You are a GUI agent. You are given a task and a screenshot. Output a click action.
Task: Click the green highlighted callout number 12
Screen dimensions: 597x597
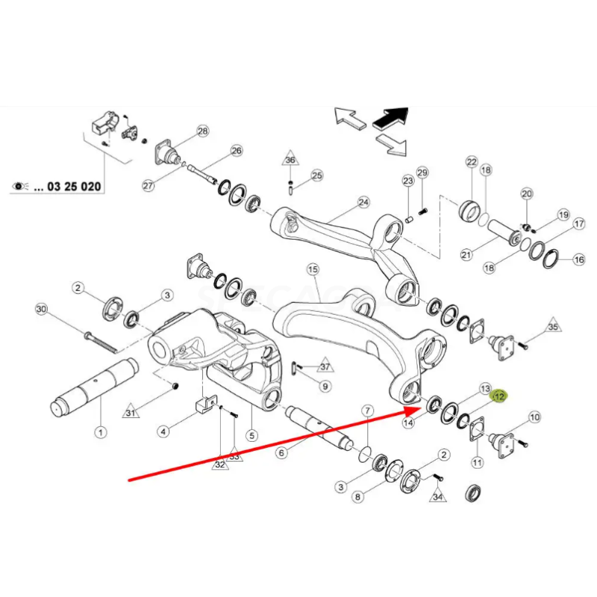tap(498, 397)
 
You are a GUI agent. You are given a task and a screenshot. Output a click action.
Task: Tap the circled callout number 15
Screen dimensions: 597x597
tap(312, 269)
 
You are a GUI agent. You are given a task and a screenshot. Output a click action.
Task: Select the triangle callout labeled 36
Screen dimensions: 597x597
tap(290, 160)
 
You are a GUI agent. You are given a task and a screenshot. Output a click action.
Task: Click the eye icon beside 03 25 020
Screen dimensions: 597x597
tap(20, 186)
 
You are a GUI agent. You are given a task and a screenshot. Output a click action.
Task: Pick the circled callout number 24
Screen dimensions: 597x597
tap(363, 202)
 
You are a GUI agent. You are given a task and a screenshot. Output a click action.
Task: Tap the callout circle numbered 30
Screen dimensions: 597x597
tap(40, 310)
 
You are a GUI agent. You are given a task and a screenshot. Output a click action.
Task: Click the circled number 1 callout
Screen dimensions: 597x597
tap(100, 431)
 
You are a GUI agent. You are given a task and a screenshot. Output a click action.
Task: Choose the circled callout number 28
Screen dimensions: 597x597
tap(202, 131)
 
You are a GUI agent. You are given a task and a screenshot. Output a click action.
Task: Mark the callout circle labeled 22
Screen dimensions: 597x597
tap(471, 162)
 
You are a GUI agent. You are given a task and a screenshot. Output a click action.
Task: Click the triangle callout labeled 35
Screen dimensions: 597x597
tap(552, 327)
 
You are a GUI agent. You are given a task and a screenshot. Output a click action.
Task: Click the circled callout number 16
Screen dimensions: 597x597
tap(578, 260)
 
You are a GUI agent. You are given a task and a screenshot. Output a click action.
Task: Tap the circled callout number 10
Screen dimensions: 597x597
tap(534, 419)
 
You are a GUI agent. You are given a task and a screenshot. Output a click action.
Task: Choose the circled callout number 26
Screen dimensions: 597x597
tap(237, 151)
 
